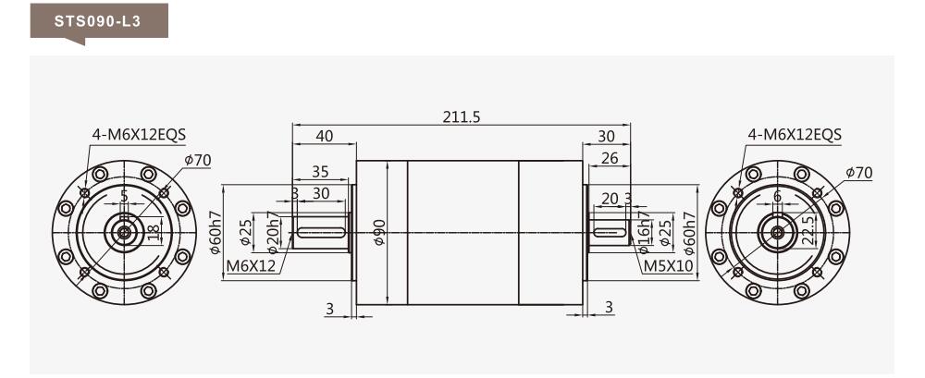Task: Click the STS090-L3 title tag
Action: point(99,22)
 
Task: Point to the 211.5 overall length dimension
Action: point(462,116)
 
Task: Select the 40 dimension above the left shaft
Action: point(324,136)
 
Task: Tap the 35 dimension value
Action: point(320,172)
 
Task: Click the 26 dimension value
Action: point(610,158)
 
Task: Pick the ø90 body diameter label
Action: point(379,232)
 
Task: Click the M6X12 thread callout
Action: point(252,266)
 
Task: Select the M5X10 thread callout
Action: point(668,266)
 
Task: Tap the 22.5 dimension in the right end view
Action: point(808,228)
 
